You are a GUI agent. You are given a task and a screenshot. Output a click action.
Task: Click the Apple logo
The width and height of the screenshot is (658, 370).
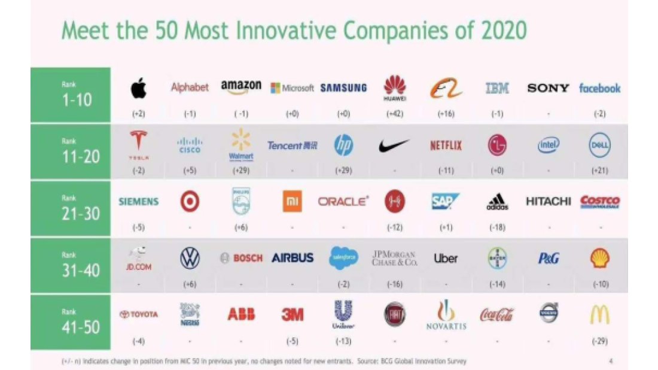click(x=138, y=89)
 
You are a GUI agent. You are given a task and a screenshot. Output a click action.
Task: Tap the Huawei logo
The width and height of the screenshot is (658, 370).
click(x=395, y=88)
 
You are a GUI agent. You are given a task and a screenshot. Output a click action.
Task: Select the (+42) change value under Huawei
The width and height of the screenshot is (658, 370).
click(x=395, y=114)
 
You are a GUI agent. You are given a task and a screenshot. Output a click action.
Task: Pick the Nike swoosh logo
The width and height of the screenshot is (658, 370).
click(x=395, y=145)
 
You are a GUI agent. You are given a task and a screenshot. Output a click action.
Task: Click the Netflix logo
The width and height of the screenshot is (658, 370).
click(x=446, y=145)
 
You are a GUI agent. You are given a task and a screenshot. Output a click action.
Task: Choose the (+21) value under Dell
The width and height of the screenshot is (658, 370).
click(x=599, y=171)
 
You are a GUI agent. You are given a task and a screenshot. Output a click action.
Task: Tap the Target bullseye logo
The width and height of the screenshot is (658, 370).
click(x=190, y=202)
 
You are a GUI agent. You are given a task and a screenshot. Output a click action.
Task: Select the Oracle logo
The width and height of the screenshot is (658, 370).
click(x=343, y=202)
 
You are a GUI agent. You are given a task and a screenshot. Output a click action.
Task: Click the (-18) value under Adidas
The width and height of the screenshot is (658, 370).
click(x=497, y=228)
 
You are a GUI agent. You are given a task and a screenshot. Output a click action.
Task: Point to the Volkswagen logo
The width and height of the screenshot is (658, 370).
click(x=190, y=258)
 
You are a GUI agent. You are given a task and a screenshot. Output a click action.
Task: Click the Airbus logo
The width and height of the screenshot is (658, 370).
click(x=293, y=258)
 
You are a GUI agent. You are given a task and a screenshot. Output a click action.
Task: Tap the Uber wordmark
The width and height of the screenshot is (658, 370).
click(x=446, y=259)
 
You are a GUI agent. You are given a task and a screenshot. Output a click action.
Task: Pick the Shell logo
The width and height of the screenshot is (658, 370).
click(x=599, y=258)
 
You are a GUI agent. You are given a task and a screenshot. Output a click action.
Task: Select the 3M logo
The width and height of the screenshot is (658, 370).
click(x=293, y=314)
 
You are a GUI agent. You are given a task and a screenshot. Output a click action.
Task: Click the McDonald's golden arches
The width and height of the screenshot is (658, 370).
click(x=599, y=314)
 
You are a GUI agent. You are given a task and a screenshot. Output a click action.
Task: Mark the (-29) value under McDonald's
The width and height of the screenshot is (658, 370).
click(x=599, y=341)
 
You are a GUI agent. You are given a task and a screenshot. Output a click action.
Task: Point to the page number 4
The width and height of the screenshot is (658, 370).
click(x=611, y=361)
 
